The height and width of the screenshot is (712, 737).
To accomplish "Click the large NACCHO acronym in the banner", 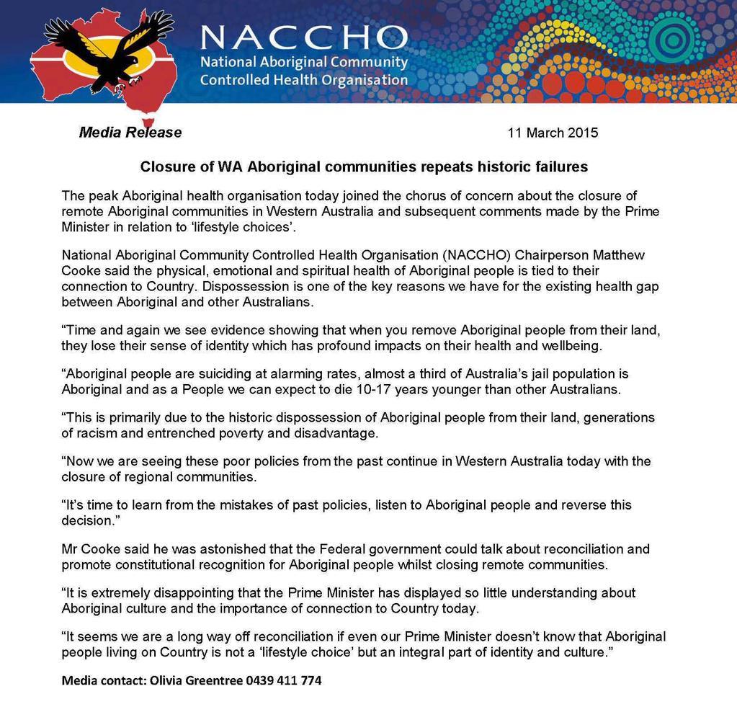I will click(x=303, y=36).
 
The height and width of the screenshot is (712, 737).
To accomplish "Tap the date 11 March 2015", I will click(x=553, y=133).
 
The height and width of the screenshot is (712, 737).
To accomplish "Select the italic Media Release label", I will click(x=130, y=133).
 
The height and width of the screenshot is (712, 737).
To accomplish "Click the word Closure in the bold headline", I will click(x=168, y=167).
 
